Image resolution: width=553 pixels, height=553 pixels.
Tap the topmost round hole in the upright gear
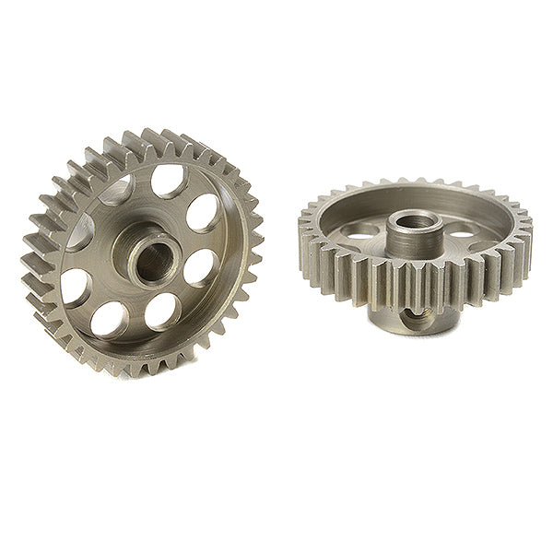pyautogui.click(x=167, y=181)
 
